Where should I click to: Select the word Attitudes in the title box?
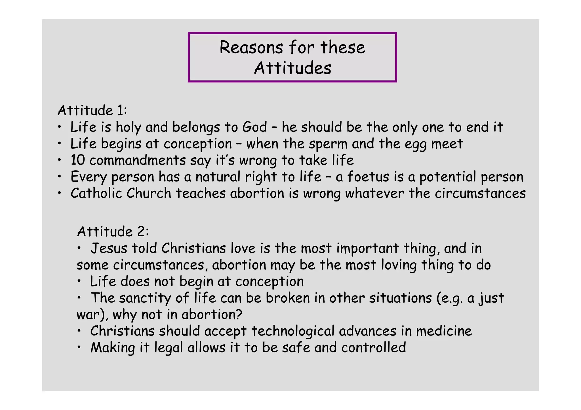pos(292,68)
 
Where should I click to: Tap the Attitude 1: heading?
pos(92,110)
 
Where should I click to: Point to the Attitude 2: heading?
pos(113,231)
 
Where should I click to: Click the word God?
pos(254,127)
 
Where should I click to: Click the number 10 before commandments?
pos(78,160)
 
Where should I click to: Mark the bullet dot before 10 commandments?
pos(59,160)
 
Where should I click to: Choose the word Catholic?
pos(96,193)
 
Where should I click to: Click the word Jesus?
pos(109,248)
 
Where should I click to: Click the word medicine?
pos(444,331)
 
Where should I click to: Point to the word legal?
pos(169,348)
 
